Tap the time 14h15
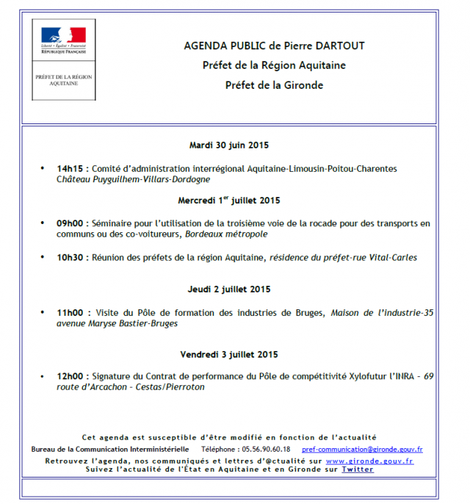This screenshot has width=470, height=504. (x=71, y=169)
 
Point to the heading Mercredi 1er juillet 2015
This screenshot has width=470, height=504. (x=228, y=201)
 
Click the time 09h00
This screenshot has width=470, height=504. (x=71, y=223)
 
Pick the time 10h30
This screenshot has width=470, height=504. (x=71, y=257)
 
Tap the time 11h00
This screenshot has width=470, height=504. (x=71, y=313)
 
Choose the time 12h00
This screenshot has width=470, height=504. (x=71, y=377)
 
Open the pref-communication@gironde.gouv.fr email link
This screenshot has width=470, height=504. (x=362, y=449)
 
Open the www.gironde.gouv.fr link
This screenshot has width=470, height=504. (x=369, y=461)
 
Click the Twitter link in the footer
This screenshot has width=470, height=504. (x=358, y=469)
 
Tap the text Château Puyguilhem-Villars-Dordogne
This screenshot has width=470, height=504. (x=133, y=179)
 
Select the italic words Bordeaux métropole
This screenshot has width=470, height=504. (x=225, y=234)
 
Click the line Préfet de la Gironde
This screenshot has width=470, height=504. (x=274, y=85)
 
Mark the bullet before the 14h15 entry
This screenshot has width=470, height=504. (x=43, y=169)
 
